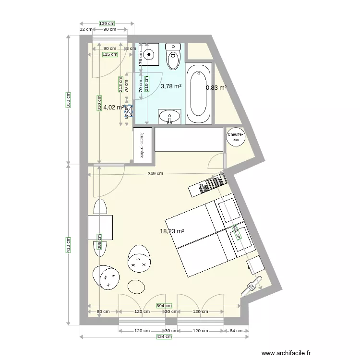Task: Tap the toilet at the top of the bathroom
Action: coord(172,56)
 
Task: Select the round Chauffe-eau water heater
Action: coord(235,137)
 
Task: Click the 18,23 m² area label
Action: coord(172,231)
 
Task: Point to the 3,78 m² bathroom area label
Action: coord(171,86)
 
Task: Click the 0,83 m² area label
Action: coord(216,88)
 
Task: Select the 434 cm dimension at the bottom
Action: coord(164,337)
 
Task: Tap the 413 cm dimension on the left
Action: coord(68,245)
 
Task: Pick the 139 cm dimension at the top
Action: coord(107,23)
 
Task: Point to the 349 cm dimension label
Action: coord(156,174)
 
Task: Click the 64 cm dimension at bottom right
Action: coord(236,331)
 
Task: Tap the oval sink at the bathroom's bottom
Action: coord(169,116)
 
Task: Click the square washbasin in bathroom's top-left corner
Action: coord(148,54)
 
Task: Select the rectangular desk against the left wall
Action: coord(100,228)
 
